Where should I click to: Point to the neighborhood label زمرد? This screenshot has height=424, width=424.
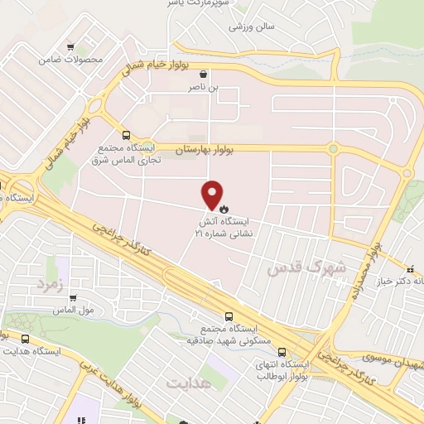(50, 284)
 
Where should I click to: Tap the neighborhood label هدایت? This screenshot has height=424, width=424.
(190, 383)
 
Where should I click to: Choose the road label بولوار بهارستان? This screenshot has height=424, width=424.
(205, 148)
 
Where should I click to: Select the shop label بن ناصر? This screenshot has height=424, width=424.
(216, 85)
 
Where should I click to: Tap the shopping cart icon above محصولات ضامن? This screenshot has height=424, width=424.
(71, 46)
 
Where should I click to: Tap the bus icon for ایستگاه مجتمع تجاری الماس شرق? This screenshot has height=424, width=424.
(126, 135)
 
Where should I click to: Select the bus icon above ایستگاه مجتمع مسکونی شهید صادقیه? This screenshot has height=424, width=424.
(229, 316)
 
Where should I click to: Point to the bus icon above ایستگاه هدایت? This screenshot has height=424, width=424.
(25, 339)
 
